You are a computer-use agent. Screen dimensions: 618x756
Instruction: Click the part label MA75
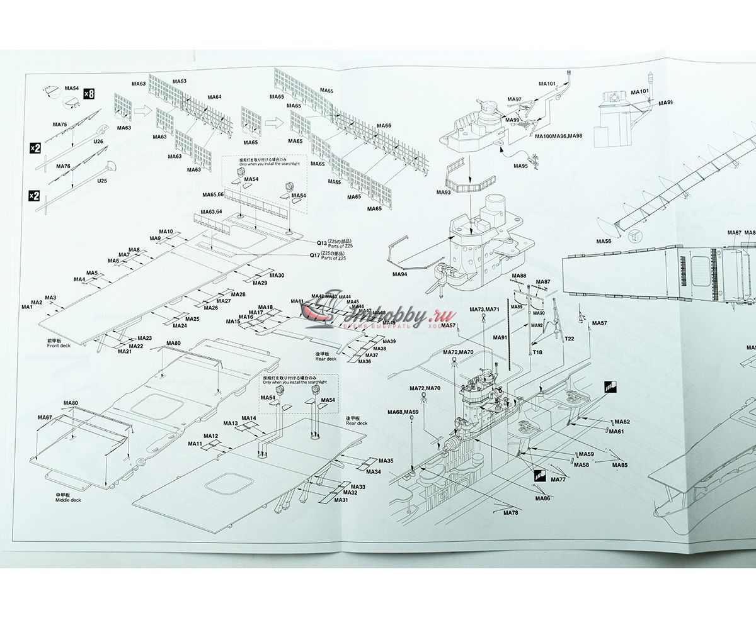pyautogui.click(x=60, y=125)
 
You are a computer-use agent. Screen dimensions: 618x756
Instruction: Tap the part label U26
pyautogui.click(x=98, y=142)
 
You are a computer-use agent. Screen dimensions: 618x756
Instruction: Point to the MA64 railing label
pyautogui.click(x=214, y=97)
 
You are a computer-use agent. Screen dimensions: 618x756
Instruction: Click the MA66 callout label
pyautogui.click(x=384, y=126)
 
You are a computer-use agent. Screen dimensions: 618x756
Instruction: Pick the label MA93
pyautogui.click(x=444, y=191)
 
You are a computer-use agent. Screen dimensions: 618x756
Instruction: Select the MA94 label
pyautogui.click(x=399, y=274)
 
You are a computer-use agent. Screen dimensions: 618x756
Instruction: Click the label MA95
pyautogui.click(x=520, y=166)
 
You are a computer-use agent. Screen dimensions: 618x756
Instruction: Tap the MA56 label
pyautogui.click(x=604, y=241)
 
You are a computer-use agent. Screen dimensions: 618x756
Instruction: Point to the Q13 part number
pyautogui.click(x=321, y=243)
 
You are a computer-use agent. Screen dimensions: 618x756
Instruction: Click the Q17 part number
pyautogui.click(x=314, y=255)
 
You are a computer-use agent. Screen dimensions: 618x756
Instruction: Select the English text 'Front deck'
pyautogui.click(x=59, y=346)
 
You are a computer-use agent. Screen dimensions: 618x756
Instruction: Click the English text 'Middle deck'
pyautogui.click(x=68, y=500)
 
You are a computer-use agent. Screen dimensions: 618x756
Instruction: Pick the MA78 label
pyautogui.click(x=510, y=512)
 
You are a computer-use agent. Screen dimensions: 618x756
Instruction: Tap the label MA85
pyautogui.click(x=620, y=465)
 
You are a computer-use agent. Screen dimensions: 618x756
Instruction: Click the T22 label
pyautogui.click(x=569, y=339)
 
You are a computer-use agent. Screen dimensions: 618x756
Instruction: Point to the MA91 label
pyautogui.click(x=500, y=338)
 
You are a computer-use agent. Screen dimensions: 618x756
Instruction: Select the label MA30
pyautogui.click(x=277, y=276)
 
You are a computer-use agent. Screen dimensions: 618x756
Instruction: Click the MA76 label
pyautogui.click(x=63, y=166)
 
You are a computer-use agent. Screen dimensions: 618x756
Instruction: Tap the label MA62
pyautogui.click(x=622, y=422)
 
